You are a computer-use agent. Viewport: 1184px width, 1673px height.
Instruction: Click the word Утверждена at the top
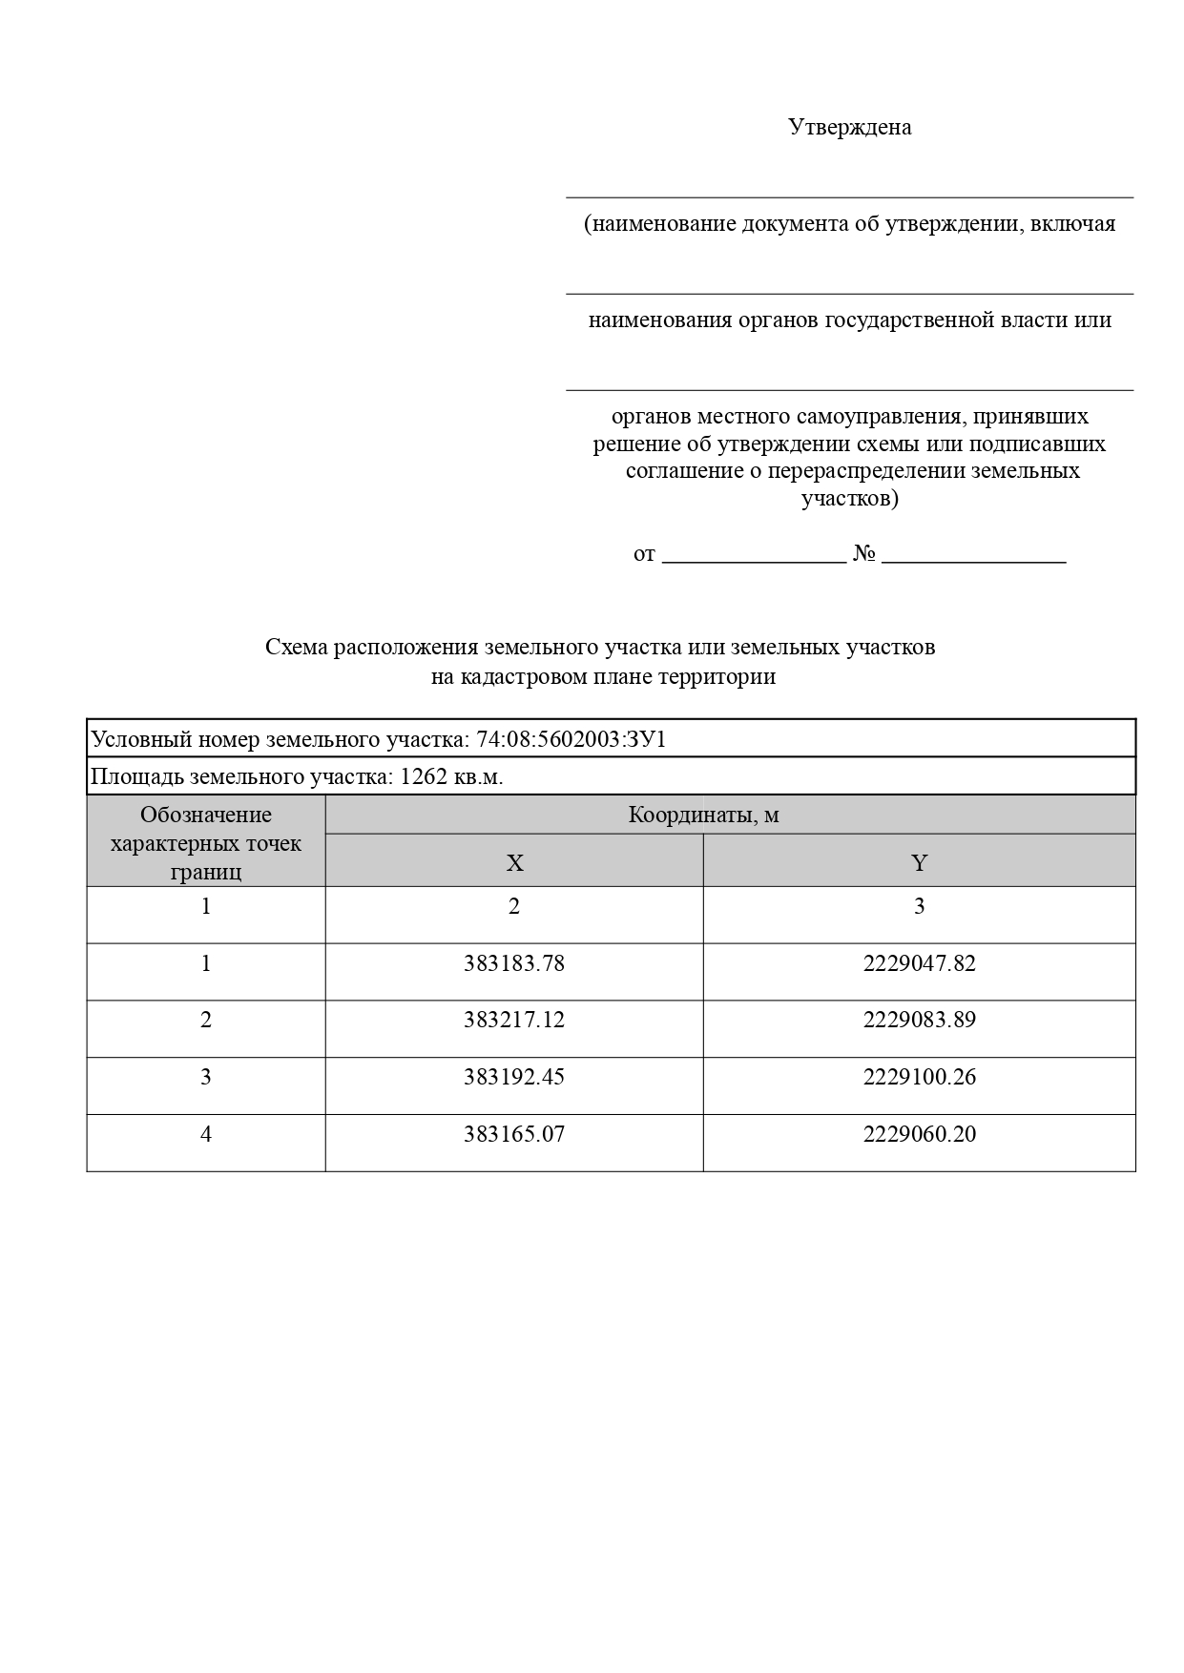pos(849,127)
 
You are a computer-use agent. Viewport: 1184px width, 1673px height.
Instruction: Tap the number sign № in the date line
pos(864,553)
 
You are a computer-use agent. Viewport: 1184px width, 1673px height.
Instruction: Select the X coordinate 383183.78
pos(514,963)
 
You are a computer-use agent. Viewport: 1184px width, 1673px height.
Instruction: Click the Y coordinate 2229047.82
pos(919,963)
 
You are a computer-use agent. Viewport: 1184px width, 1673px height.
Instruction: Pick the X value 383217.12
pos(514,1020)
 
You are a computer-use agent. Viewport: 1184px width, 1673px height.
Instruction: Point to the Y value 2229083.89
pos(919,1020)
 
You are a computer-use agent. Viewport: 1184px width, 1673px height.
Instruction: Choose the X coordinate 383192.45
pos(514,1077)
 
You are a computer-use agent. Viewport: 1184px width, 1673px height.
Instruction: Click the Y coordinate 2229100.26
pos(919,1077)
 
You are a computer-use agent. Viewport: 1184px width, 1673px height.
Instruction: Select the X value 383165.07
pos(514,1134)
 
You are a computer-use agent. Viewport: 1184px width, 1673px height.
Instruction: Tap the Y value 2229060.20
pos(919,1134)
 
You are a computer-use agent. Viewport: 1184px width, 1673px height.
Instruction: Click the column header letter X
pos(514,863)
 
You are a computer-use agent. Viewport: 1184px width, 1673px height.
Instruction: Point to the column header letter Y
pos(919,863)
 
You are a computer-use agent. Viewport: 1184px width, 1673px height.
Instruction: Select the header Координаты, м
pos(703,816)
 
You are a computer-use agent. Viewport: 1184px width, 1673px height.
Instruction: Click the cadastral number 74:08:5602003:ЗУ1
pos(571,739)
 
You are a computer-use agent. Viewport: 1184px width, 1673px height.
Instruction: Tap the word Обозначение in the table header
pos(206,815)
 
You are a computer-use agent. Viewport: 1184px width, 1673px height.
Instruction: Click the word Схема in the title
pos(296,647)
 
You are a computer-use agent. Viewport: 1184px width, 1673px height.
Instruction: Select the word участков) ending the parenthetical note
pos(849,498)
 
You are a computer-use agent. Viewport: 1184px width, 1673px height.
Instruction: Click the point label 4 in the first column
pos(206,1134)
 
